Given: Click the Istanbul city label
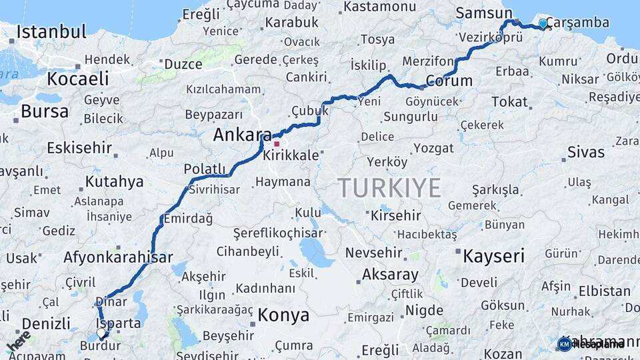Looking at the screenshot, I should point(51,31).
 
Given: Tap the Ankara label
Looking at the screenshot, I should point(242,135).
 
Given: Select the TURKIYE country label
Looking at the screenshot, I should point(389,188).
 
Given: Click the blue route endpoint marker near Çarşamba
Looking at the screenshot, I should point(543,24).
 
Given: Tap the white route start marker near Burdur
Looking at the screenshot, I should point(101,332).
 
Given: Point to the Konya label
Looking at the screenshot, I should point(283,315).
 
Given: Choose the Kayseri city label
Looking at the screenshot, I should point(494,256).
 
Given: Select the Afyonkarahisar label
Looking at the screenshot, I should point(118,257).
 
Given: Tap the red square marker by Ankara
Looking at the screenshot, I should point(277,143).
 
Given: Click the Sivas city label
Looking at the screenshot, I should point(586,152).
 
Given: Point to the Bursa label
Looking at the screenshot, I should point(45,111).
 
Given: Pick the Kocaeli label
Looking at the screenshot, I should point(78,79).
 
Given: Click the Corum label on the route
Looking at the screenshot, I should point(449,81).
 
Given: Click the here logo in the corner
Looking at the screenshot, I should point(18,341).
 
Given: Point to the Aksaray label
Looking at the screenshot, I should point(390,274).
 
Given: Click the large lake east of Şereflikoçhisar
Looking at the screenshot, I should point(312,251).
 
